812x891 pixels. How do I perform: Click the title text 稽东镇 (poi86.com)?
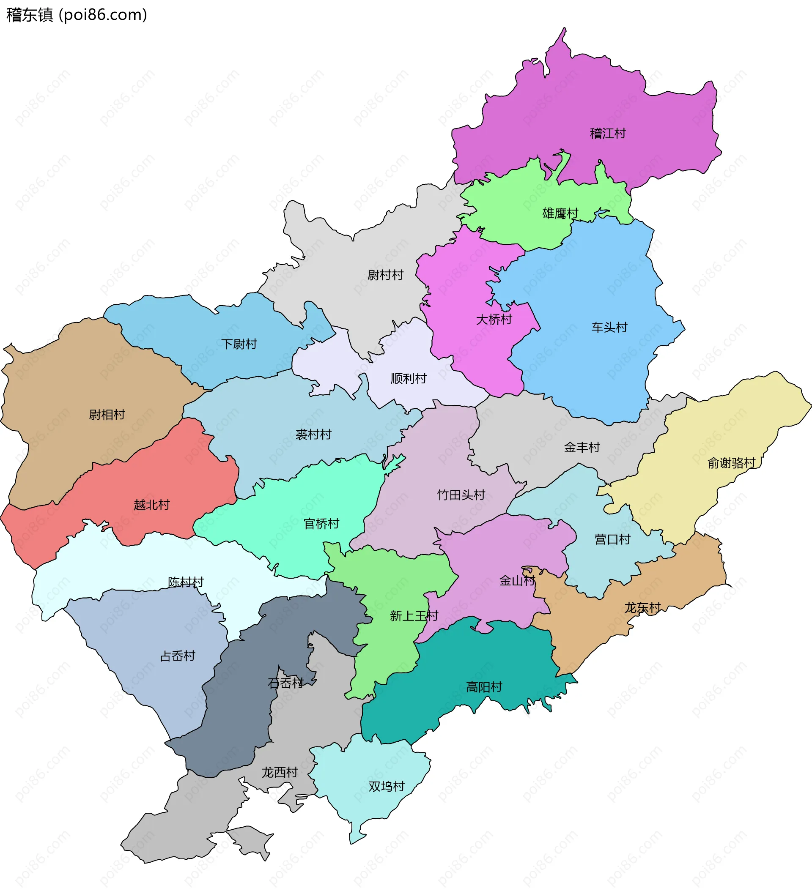(77, 15)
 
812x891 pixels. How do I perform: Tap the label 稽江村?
(608, 134)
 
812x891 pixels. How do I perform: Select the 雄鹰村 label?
(560, 213)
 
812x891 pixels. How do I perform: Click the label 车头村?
(609, 328)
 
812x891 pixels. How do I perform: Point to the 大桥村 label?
(494, 320)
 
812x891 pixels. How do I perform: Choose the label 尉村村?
(385, 275)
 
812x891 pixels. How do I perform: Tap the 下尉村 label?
(239, 344)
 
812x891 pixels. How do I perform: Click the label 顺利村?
(408, 379)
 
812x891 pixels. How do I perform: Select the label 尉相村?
(107, 415)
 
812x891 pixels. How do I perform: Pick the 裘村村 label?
(313, 435)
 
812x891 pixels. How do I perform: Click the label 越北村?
(152, 505)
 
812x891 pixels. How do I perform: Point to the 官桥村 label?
(321, 524)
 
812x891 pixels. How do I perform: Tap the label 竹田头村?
(461, 495)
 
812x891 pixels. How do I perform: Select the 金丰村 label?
(582, 448)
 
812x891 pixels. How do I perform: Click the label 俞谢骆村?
(732, 463)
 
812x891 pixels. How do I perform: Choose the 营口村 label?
(612, 540)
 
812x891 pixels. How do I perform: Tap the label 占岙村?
(177, 656)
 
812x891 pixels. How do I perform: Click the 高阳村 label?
(484, 687)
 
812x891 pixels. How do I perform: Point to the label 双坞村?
(387, 787)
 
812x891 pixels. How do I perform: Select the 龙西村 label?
(279, 773)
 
